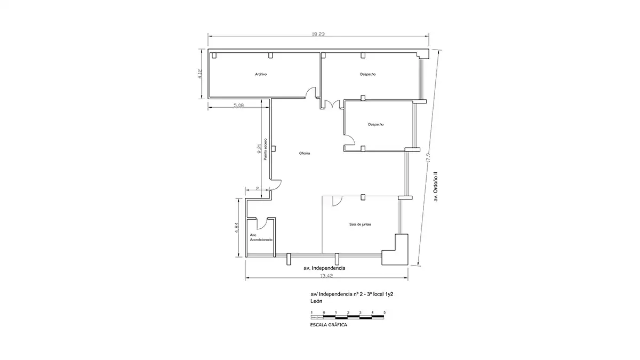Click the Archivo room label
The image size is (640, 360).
261,74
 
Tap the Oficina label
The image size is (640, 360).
305,154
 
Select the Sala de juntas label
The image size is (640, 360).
360,225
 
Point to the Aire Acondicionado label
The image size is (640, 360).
261,237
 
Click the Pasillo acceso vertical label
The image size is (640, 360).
266,149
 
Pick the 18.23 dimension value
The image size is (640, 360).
318,34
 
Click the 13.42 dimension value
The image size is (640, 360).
326,276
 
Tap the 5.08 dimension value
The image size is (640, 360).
238,105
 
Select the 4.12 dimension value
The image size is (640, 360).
200,74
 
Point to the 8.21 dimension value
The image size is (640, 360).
259,149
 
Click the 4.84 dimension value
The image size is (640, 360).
237,228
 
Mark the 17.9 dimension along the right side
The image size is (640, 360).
428,157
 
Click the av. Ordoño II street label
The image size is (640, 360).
435,187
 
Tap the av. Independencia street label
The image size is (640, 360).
324,268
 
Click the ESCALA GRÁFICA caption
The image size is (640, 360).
329,325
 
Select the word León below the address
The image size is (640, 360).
316,301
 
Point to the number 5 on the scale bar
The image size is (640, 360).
385,313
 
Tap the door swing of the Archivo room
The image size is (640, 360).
311,93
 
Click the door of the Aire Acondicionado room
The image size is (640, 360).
62,223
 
